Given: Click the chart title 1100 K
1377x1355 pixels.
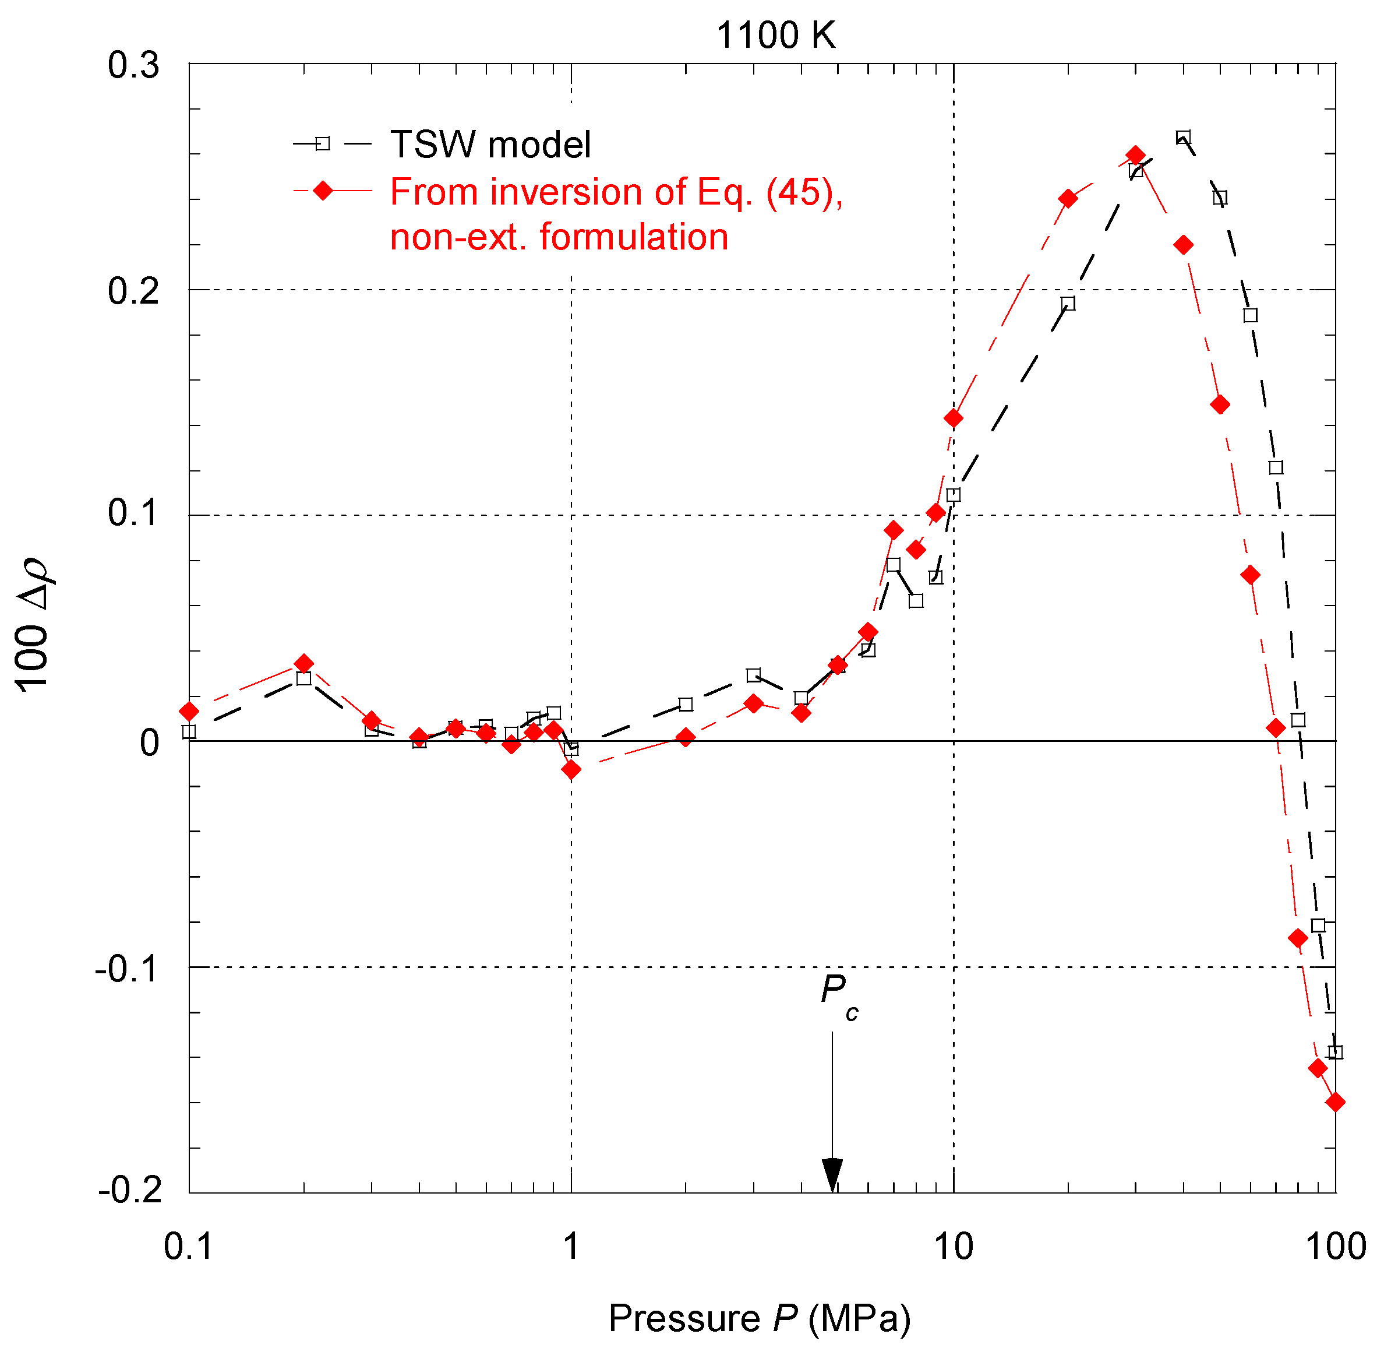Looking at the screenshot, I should (x=775, y=36).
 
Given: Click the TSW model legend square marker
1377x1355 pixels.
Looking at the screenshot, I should (x=323, y=144).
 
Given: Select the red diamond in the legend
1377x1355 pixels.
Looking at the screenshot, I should (x=323, y=191).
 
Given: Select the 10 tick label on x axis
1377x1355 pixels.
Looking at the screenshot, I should (x=952, y=1247).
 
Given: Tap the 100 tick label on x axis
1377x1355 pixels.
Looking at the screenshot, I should (x=1335, y=1247).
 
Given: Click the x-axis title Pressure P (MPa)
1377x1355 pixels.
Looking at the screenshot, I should (x=759, y=1318).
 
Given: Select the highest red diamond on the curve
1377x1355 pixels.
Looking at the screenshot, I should (x=1136, y=155).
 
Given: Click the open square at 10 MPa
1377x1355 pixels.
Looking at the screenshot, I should (x=953, y=495).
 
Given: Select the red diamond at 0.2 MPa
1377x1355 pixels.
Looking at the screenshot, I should (x=303, y=663).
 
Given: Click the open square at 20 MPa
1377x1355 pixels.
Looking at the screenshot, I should (x=1068, y=303).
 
